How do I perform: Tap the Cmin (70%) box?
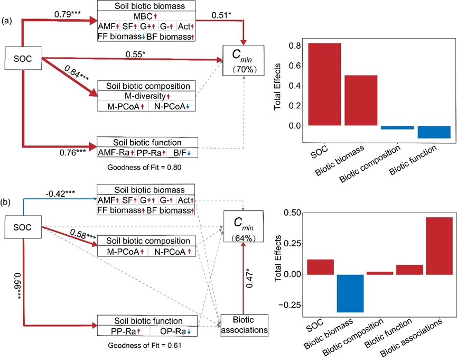(x=244, y=62)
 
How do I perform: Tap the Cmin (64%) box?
(x=243, y=227)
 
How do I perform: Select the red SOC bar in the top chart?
(x=324, y=85)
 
